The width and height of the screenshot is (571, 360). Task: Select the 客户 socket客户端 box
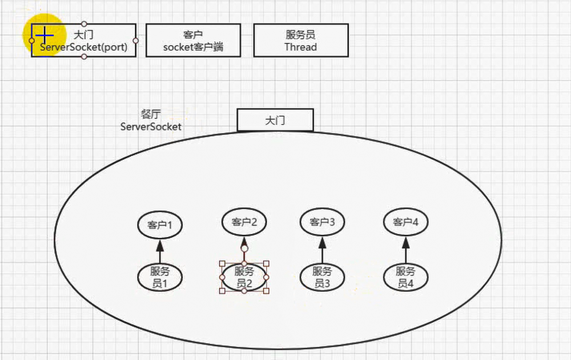point(193,41)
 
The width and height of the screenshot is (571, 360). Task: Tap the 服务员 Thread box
point(300,41)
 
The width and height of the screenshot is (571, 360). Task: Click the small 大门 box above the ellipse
point(275,121)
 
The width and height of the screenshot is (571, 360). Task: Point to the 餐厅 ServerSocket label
point(151,121)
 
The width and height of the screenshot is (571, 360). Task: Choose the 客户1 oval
point(160,225)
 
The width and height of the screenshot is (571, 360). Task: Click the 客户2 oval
point(244,222)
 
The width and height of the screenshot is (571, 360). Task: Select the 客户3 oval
point(322,222)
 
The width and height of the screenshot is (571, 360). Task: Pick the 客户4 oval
point(406,222)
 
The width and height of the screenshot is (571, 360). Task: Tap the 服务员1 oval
point(160,277)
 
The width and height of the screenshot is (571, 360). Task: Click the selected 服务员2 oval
point(244,277)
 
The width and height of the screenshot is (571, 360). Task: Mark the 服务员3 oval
point(322,277)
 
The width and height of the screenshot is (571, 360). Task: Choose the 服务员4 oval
point(406,277)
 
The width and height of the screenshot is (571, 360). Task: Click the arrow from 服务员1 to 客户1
point(160,251)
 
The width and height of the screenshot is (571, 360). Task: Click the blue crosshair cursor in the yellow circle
point(44,35)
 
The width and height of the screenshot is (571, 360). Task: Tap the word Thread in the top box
point(300,47)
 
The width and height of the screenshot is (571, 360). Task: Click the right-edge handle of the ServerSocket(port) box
point(136,41)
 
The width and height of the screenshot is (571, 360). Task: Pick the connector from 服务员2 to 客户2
point(244,255)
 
